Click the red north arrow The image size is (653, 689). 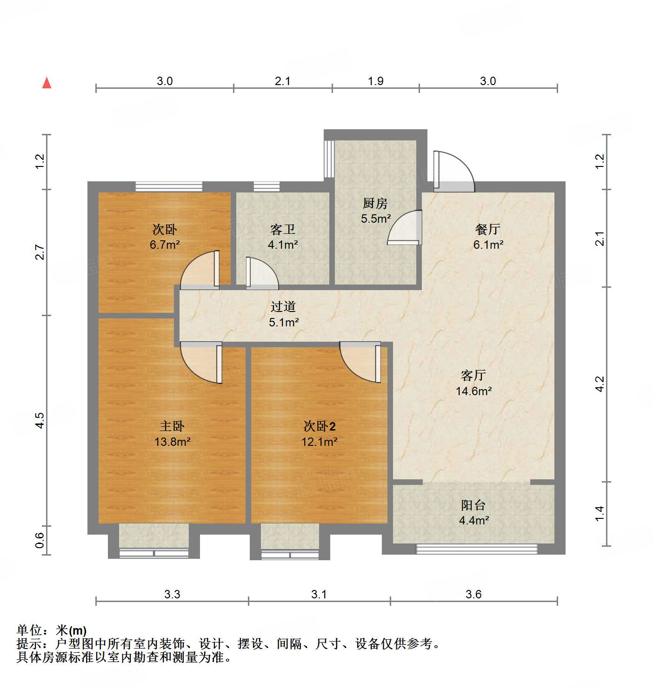[47, 83]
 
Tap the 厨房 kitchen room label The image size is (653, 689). [375, 203]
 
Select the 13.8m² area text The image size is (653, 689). [172, 442]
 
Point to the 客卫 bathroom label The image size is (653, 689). [282, 229]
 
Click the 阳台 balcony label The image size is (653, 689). [473, 505]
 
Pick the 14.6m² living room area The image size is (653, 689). [473, 391]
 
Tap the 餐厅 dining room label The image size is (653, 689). [487, 229]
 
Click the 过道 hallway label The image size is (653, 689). [283, 306]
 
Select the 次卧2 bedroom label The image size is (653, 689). [319, 426]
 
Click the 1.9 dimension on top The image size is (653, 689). [375, 81]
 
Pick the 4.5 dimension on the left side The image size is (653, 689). [40, 420]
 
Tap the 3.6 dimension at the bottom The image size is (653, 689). [473, 594]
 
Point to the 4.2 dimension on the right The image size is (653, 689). [600, 384]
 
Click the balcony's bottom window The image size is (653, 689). [476, 549]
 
